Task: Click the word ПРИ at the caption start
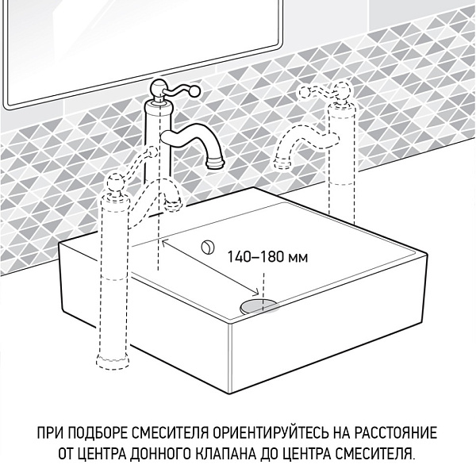(48, 434)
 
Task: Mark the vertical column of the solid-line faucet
(158, 159)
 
